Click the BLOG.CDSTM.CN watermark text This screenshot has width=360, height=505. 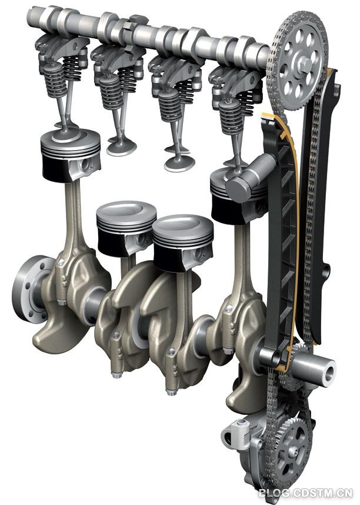tap(305, 493)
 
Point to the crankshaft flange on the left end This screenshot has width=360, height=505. tap(30, 289)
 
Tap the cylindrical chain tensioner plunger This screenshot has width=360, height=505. tap(248, 177)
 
